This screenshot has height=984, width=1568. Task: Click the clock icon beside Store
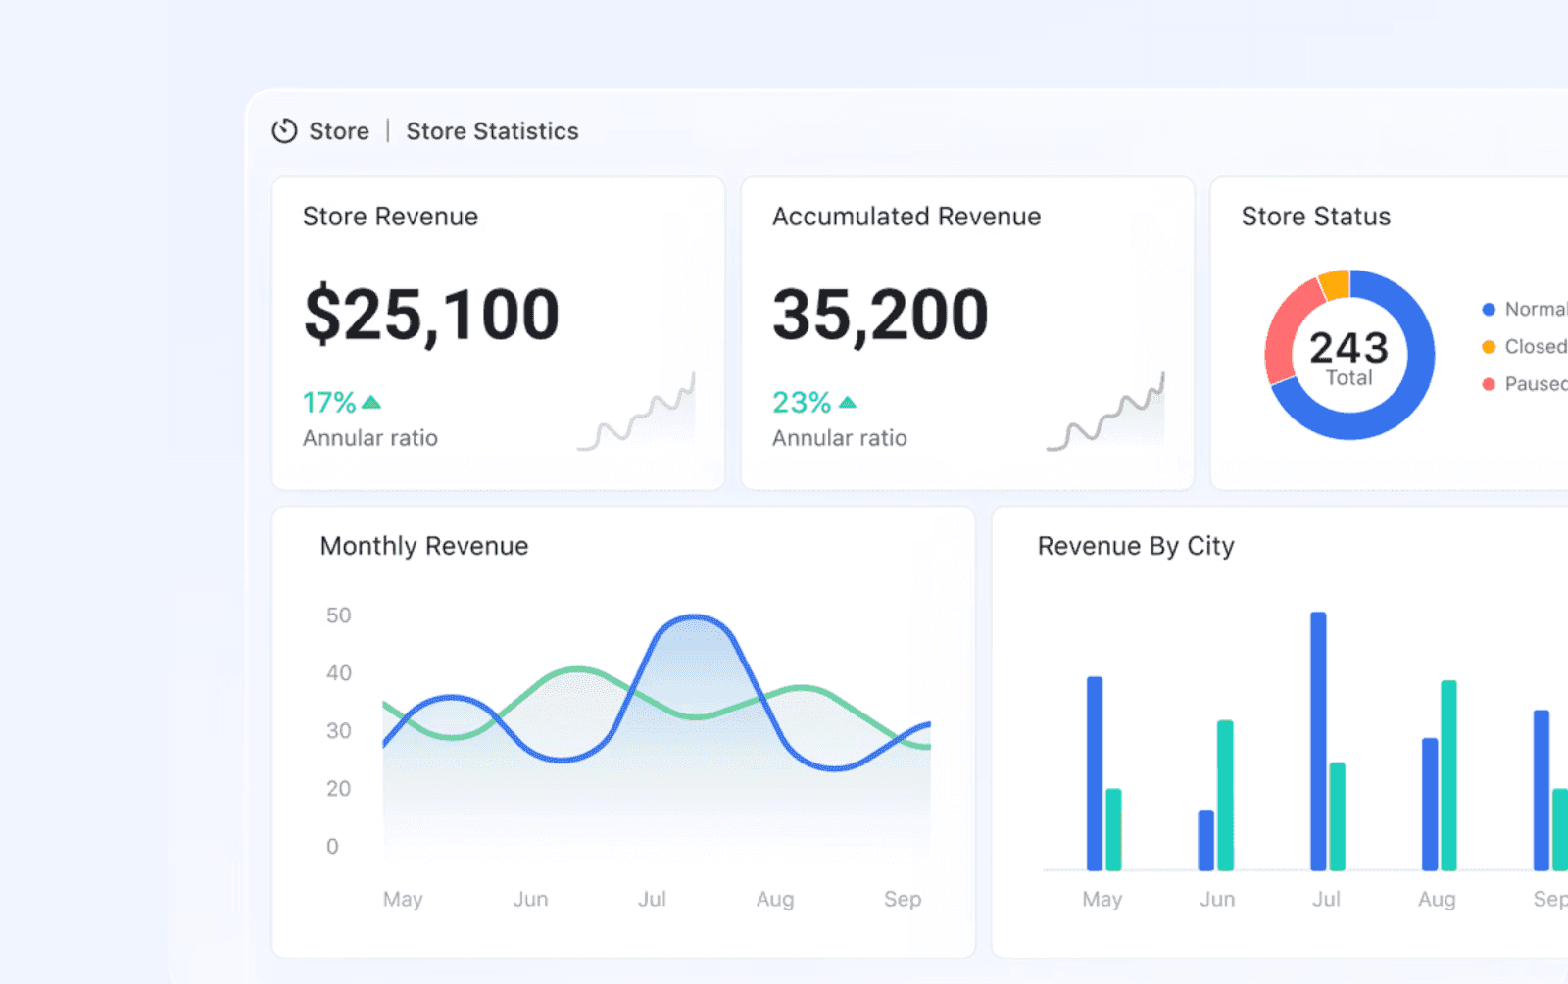(284, 131)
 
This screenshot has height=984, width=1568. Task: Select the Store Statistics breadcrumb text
(492, 131)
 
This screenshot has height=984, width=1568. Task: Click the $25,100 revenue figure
(431, 315)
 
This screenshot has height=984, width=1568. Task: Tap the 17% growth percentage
(329, 403)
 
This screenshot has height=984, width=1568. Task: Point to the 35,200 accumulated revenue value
(880, 315)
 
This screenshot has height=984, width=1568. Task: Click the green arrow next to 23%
(848, 403)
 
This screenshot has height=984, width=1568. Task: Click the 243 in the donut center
(1348, 347)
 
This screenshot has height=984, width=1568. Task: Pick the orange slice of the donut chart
(1335, 284)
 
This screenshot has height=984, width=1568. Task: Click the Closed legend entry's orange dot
(1489, 347)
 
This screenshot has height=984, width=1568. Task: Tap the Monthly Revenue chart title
(423, 546)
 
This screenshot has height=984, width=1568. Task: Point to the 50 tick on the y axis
(338, 615)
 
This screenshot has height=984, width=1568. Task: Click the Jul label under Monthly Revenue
(652, 899)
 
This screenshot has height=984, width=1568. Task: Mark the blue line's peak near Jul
(694, 617)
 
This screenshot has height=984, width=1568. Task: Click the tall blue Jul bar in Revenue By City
(1318, 740)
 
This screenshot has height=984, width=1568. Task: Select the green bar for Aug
(1448, 774)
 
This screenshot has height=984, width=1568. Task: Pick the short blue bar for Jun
(1205, 840)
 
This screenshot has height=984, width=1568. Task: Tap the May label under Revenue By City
(1102, 899)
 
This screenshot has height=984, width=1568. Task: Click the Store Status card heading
(1315, 217)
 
